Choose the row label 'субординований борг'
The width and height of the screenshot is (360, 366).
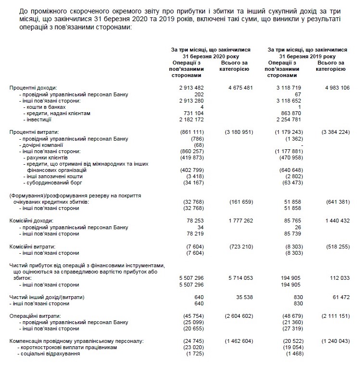pos(52,183)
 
